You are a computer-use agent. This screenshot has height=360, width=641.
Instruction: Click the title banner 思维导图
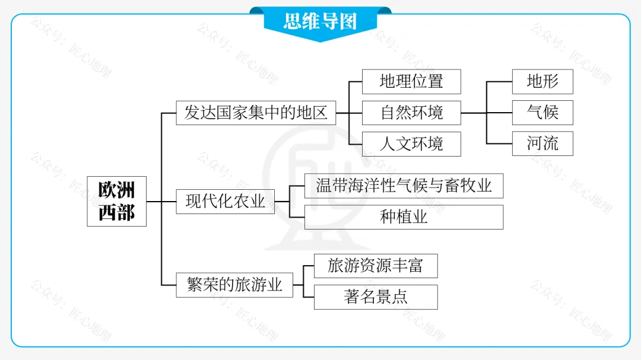(320, 22)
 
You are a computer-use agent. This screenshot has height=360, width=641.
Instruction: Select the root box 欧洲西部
(116, 201)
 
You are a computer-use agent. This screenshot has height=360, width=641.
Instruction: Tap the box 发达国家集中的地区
(256, 113)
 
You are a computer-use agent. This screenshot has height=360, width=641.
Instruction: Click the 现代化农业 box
(226, 202)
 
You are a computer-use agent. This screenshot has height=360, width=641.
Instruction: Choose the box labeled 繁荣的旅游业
(235, 285)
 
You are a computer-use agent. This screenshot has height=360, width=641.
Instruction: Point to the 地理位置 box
(411, 81)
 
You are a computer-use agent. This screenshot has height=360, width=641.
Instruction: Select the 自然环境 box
(411, 113)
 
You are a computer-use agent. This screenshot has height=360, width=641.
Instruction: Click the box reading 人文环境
(411, 144)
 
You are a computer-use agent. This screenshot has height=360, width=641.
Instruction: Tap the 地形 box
(542, 81)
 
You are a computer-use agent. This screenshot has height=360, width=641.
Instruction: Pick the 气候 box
(542, 113)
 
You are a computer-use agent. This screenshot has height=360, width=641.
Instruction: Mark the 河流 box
(542, 144)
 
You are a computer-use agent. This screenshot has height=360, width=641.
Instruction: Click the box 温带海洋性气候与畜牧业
(404, 186)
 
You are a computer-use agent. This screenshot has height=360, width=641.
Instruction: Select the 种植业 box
(404, 217)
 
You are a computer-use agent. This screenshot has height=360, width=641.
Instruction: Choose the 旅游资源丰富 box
(376, 266)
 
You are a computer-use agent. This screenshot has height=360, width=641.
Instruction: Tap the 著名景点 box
(376, 297)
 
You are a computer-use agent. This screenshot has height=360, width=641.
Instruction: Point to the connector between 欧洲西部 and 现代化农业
(161, 202)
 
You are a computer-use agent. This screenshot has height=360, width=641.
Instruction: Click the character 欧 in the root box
(107, 190)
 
